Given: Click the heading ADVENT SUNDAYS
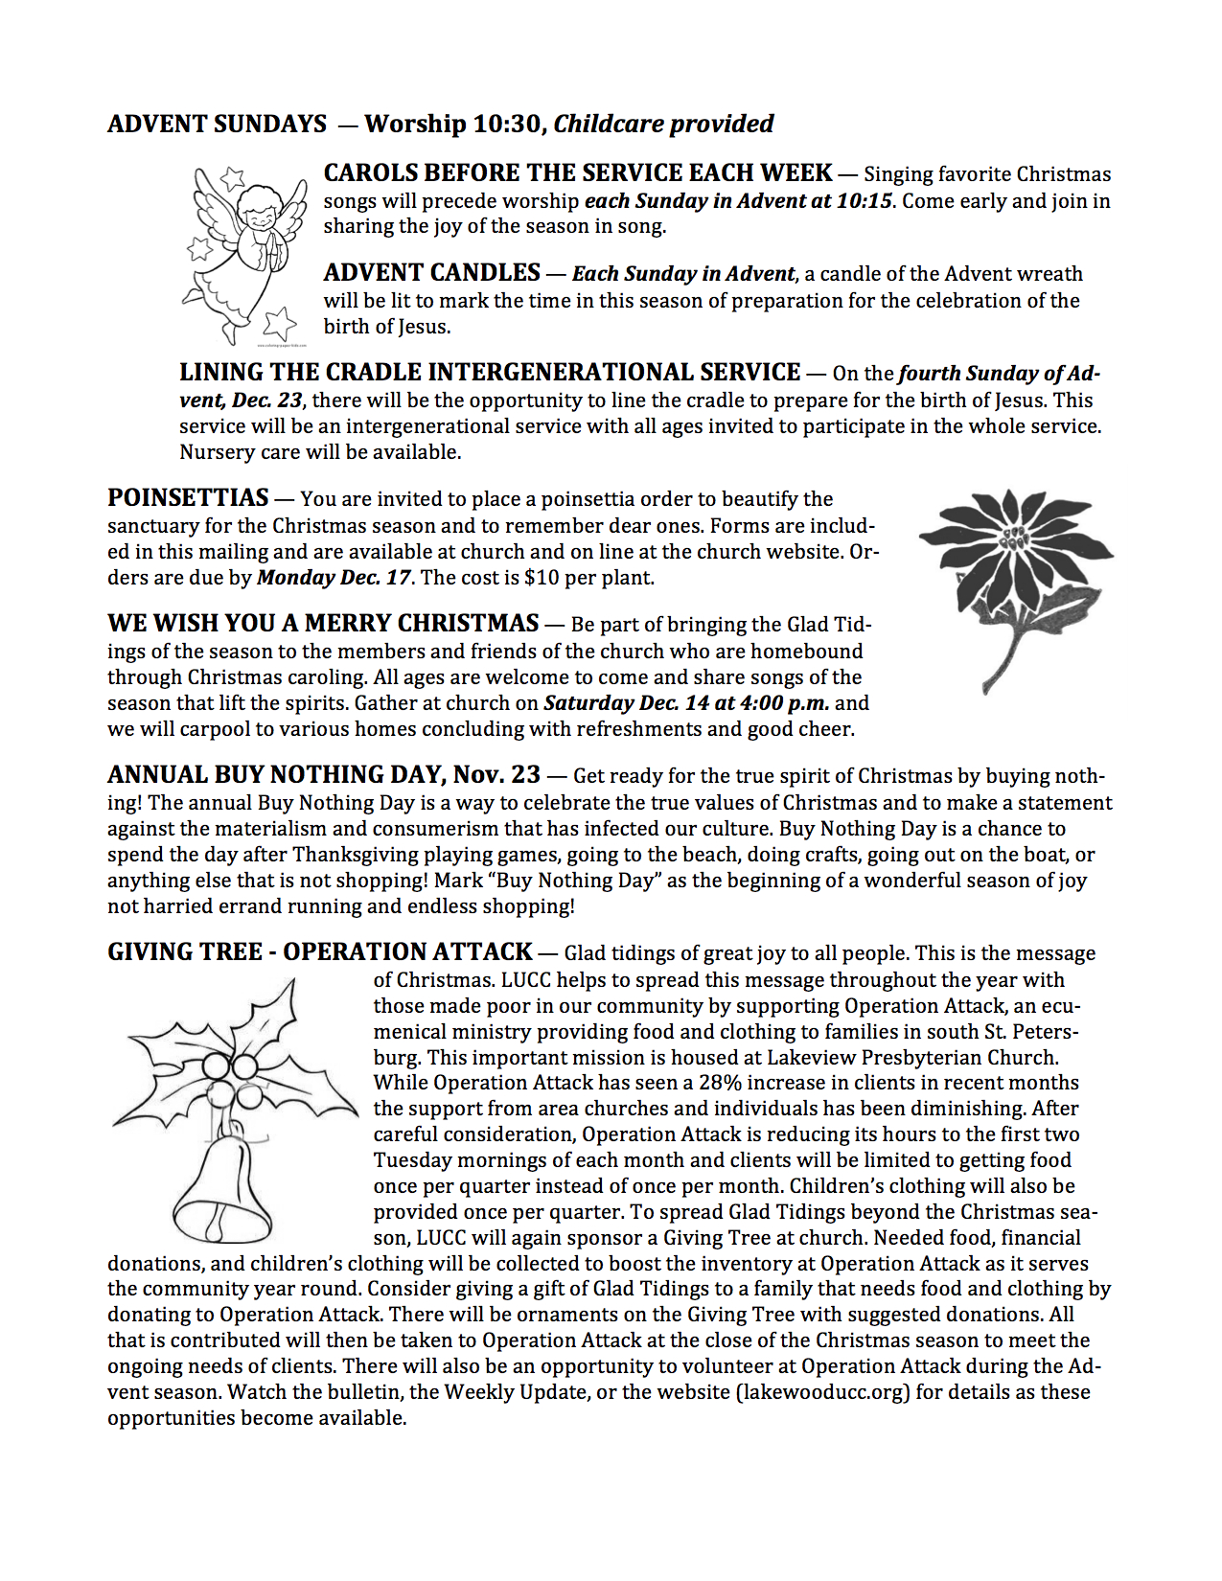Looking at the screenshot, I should coord(217,125).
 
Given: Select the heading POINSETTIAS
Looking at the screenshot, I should coord(188,498).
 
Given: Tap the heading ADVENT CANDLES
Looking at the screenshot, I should coord(431,273).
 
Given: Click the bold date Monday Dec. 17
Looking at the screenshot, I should coord(334,578).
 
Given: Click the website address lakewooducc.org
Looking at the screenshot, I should coord(822,1391).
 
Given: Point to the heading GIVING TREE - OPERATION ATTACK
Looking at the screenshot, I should coord(319,952).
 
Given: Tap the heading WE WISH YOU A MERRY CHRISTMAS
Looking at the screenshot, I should coord(323,624).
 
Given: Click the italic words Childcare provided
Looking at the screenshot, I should coord(663,125).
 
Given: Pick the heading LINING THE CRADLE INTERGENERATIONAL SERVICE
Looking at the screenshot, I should coord(489,373).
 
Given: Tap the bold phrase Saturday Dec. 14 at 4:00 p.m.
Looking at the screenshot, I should coord(686,703).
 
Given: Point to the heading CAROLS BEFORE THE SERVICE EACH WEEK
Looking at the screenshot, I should coord(577,173).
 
